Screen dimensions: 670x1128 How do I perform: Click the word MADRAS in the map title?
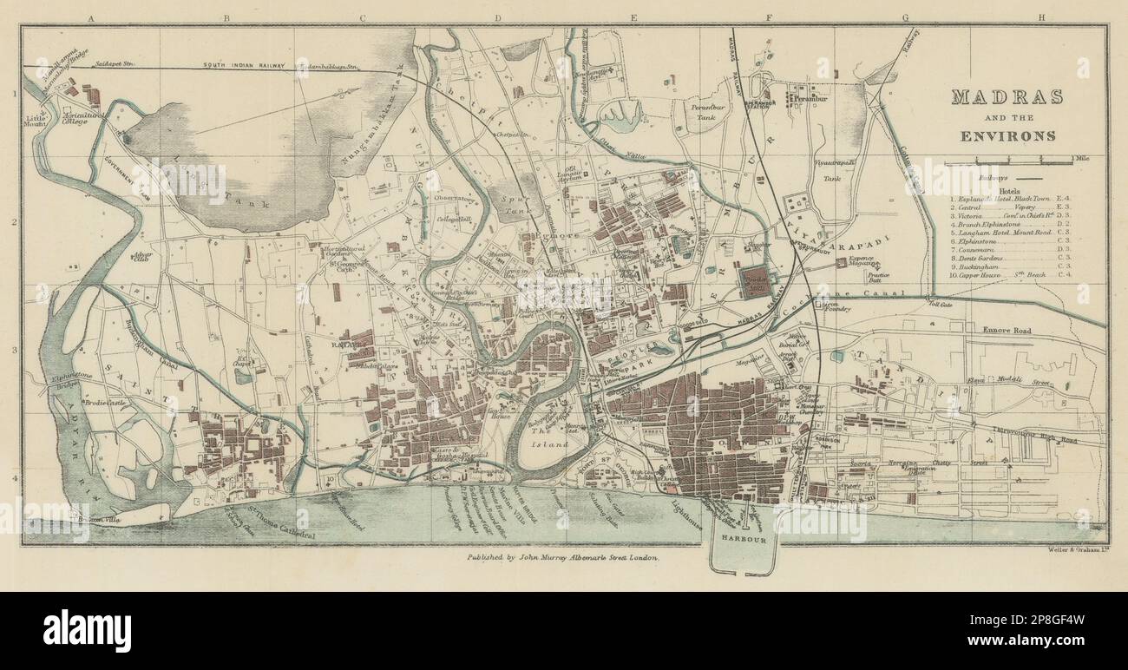[1007, 97]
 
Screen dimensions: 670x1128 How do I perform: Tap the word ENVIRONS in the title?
[1007, 135]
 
